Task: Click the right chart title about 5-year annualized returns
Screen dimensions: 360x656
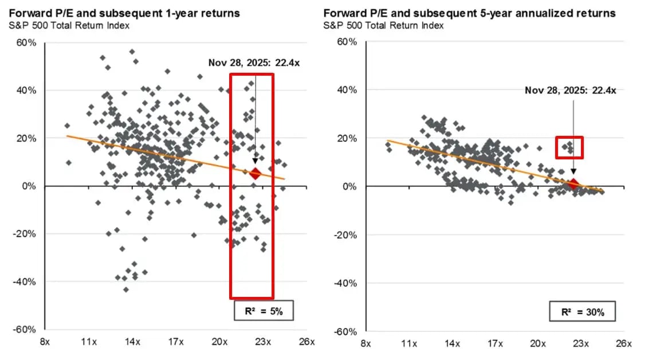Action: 469,13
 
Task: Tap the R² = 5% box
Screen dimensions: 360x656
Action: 264,312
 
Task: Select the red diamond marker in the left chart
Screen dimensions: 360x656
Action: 255,174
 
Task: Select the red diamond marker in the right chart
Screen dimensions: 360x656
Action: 573,184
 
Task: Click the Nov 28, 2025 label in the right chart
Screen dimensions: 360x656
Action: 569,90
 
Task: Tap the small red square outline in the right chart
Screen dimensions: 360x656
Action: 569,147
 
